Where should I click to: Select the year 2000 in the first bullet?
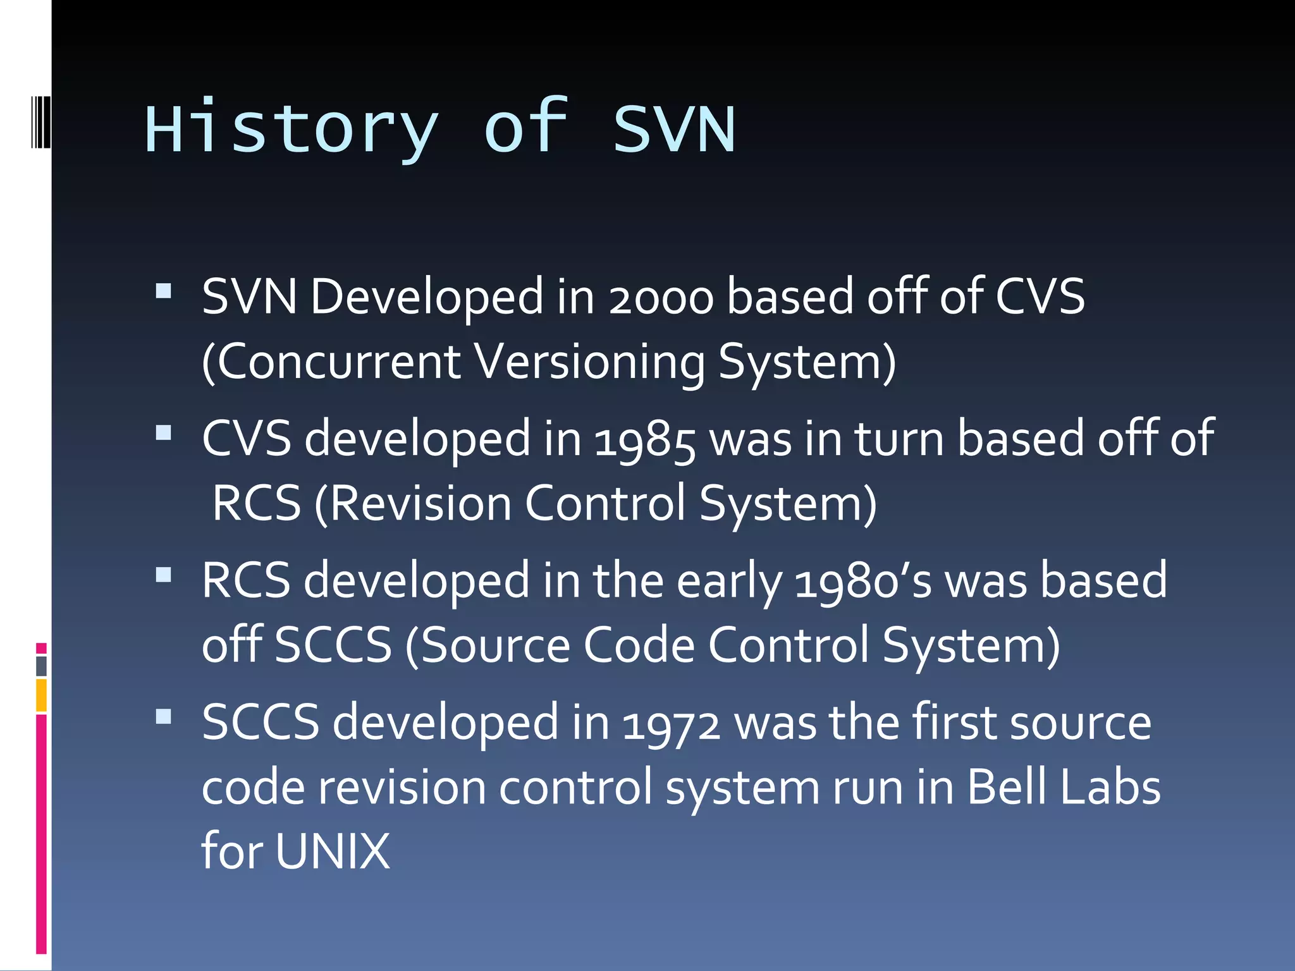coord(660,297)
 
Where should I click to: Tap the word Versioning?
coord(589,362)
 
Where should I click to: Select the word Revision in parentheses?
coord(420,504)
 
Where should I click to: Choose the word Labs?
coord(1110,787)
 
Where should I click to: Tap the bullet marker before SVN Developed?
coord(164,291)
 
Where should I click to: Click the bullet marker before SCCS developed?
coord(164,717)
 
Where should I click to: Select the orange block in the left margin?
coord(41,695)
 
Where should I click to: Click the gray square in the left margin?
coord(41,666)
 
